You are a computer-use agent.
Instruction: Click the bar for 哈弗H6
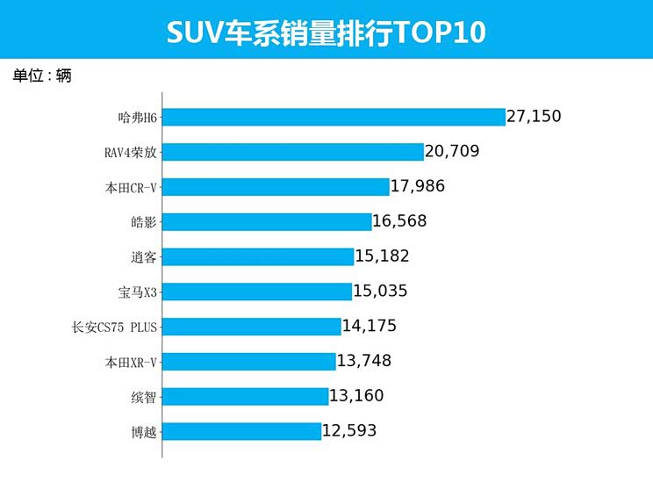[x=334, y=117]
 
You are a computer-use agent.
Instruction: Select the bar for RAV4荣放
[x=293, y=152]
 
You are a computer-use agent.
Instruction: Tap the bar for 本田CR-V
[x=276, y=187]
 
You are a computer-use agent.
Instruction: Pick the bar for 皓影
[x=268, y=221]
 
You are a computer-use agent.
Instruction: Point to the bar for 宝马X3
[x=257, y=292]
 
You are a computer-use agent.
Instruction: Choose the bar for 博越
[x=242, y=431]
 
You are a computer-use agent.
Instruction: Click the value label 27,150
[x=534, y=116]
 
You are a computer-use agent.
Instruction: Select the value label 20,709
[x=452, y=151]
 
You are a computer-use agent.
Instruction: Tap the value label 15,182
[x=383, y=256]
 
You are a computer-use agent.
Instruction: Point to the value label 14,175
[x=370, y=326]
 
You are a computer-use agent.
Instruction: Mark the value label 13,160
[x=356, y=396]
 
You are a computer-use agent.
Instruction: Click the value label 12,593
[x=350, y=431]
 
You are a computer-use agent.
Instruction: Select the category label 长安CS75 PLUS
[x=114, y=327]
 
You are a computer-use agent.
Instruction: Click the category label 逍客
[x=142, y=257]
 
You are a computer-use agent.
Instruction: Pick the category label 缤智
[x=142, y=397]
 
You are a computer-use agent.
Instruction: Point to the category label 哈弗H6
[x=136, y=117]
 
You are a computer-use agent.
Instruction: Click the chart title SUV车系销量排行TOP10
[x=326, y=33]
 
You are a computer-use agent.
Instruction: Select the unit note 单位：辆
[x=42, y=76]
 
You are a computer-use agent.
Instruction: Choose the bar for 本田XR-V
[x=249, y=361]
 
